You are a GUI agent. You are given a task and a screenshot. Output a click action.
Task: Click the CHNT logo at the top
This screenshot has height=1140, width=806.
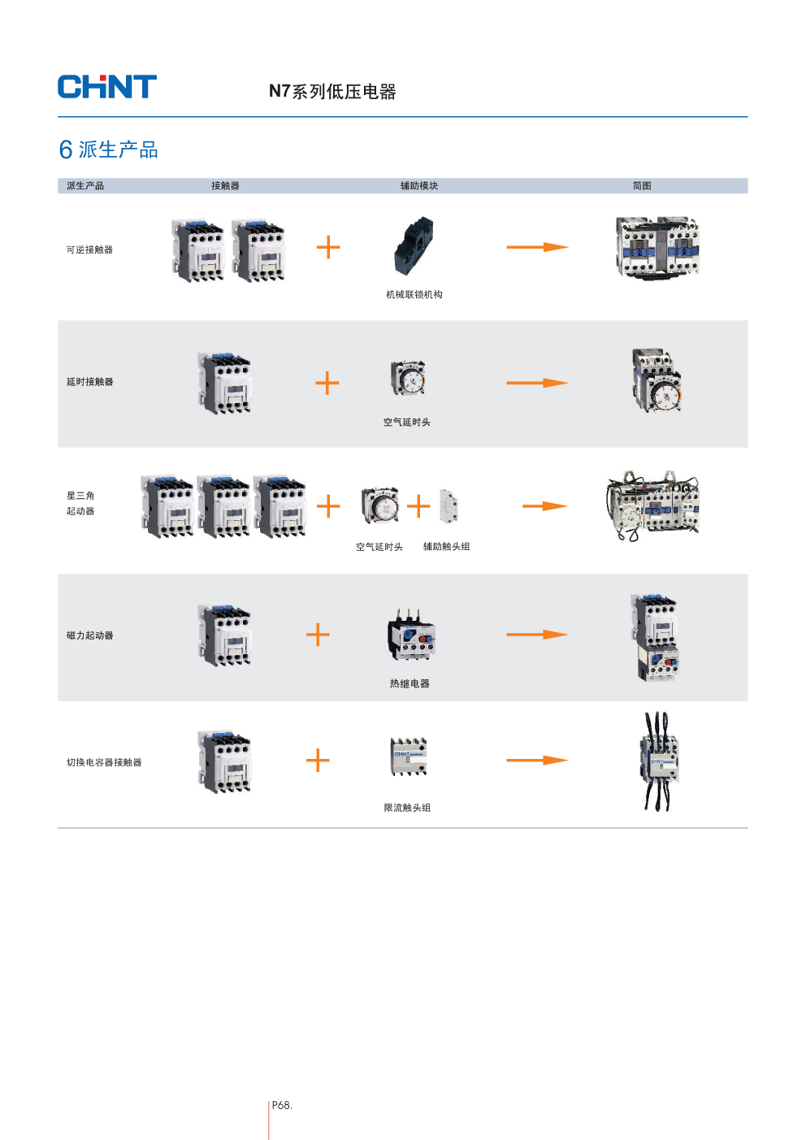tap(106, 87)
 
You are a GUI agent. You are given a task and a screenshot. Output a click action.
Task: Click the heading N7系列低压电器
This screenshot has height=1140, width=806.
tap(332, 92)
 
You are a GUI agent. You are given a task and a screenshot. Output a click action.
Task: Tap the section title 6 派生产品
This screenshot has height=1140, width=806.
tap(108, 150)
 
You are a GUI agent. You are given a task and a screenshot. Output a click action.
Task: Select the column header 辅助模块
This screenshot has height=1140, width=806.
tap(419, 186)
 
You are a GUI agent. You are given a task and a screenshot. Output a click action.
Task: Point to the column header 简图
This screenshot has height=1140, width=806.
tap(642, 186)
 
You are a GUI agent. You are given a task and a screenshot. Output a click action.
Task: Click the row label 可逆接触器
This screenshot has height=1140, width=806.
tap(89, 250)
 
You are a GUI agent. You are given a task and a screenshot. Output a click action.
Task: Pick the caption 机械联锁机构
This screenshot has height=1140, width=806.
tap(414, 295)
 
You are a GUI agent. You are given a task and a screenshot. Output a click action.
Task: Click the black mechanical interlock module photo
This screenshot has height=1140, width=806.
tap(414, 246)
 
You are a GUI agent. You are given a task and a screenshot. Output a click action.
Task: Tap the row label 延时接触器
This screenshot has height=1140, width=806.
tap(89, 382)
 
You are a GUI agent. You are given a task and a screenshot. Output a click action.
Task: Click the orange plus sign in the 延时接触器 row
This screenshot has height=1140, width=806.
tap(327, 383)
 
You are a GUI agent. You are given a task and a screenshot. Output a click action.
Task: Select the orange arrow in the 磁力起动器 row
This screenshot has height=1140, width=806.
tap(537, 634)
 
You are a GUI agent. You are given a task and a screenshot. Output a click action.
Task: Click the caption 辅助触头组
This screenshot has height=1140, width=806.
tap(446, 547)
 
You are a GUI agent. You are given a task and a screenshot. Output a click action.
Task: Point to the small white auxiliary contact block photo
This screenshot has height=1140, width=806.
tap(448, 505)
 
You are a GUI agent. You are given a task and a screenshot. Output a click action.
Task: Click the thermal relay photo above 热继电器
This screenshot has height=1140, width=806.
tap(411, 635)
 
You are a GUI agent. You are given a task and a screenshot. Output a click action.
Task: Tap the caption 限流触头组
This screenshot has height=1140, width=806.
tap(407, 808)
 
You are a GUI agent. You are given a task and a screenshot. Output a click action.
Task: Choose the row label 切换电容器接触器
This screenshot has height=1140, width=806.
tap(104, 763)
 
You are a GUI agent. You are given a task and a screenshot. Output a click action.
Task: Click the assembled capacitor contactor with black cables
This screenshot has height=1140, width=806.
tap(658, 761)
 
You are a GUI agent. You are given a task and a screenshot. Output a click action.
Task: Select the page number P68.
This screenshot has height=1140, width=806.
tap(282, 1105)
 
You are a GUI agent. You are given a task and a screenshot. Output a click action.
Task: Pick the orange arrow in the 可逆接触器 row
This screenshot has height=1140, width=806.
tap(537, 247)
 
